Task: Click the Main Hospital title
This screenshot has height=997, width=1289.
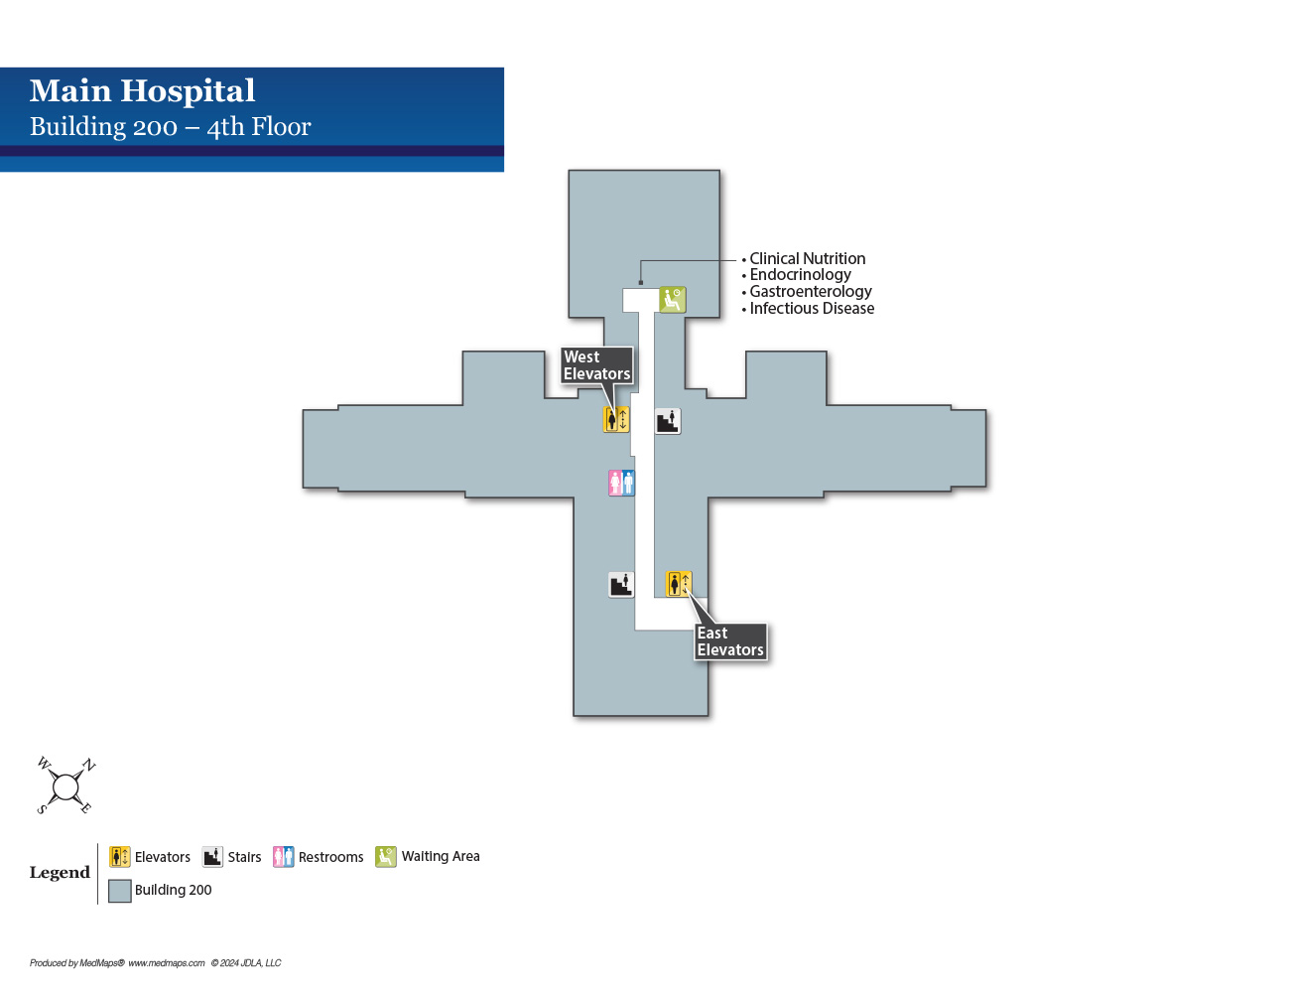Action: click(142, 91)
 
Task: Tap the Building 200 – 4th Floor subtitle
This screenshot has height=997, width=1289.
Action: click(170, 127)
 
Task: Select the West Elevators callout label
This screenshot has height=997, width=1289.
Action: click(596, 365)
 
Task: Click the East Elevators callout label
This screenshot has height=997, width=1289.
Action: click(730, 641)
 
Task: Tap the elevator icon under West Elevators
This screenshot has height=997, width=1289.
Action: click(616, 420)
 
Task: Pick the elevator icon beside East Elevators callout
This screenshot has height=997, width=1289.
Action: click(679, 584)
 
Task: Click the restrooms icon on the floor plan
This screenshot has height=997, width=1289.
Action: click(621, 484)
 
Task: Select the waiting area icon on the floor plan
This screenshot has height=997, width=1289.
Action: click(673, 299)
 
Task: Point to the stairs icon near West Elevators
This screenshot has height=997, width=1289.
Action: click(668, 421)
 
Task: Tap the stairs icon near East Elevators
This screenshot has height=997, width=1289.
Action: click(621, 585)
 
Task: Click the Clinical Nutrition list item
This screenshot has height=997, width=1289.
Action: click(807, 259)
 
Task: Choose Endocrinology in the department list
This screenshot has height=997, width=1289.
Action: click(800, 275)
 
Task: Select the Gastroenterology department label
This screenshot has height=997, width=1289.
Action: click(810, 292)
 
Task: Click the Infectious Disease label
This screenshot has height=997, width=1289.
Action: click(812, 309)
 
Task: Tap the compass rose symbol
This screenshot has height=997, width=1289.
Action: click(65, 787)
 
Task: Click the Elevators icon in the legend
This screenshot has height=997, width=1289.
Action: click(120, 857)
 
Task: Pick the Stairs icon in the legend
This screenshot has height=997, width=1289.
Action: click(212, 857)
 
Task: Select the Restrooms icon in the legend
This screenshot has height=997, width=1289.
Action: click(284, 857)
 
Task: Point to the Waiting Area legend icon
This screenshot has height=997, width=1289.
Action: click(386, 857)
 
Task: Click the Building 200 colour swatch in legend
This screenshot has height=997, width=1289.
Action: click(120, 891)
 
